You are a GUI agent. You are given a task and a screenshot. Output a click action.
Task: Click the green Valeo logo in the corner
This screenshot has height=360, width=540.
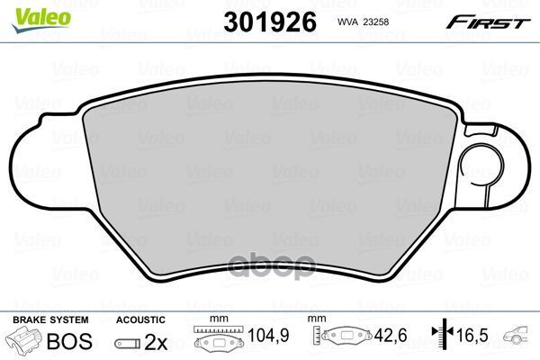[x=41, y=19]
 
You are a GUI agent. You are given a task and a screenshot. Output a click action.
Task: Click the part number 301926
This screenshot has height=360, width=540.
[x=270, y=22]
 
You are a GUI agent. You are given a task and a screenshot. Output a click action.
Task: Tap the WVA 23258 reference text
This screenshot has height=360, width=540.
[x=363, y=22]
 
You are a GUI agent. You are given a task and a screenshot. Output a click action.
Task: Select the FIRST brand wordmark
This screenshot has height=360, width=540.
[x=489, y=22]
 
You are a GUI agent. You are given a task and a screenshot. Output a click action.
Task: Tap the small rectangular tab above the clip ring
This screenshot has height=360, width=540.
[x=481, y=130]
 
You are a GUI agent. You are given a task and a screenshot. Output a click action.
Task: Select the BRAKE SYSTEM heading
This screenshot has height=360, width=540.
[x=50, y=319]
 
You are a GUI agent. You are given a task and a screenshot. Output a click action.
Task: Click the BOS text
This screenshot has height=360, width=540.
[x=69, y=341]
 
